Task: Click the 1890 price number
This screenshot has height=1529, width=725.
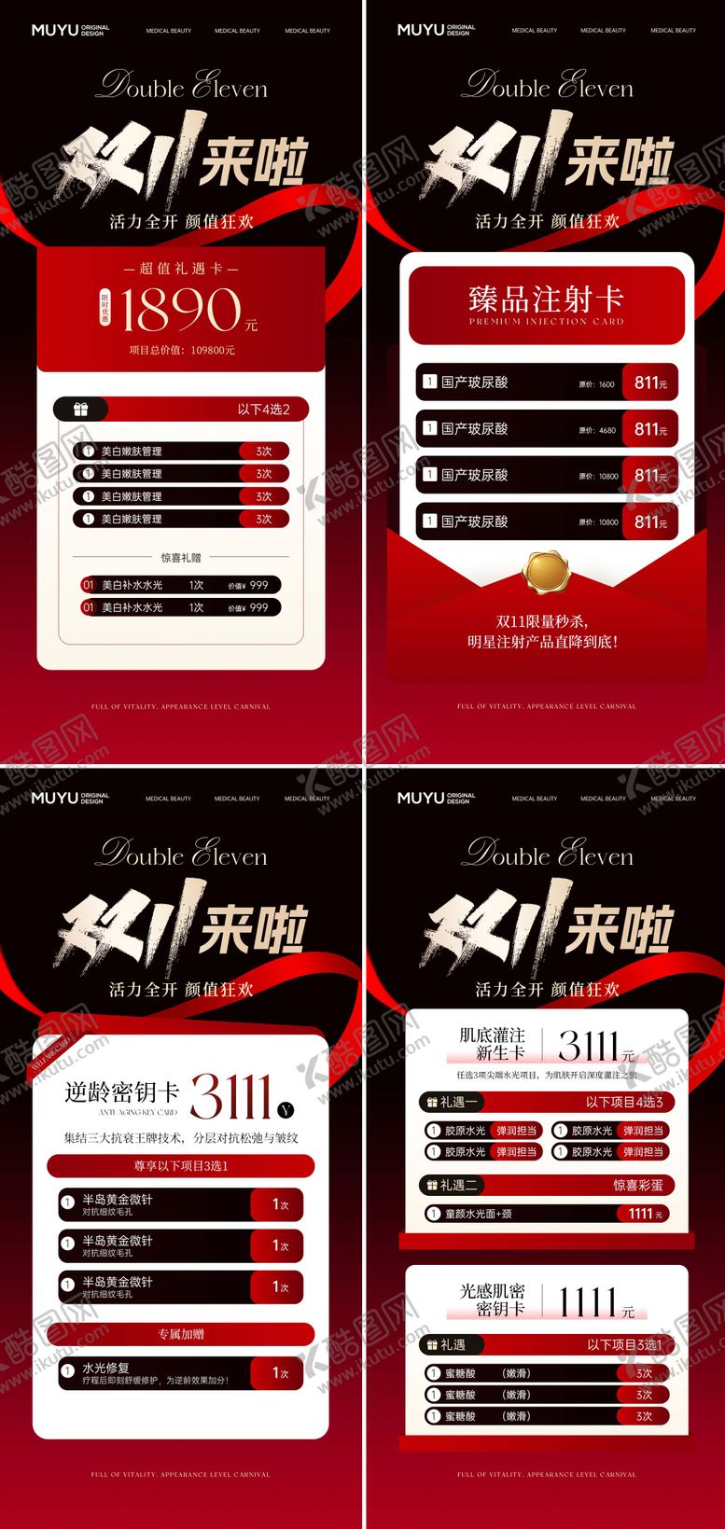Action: (x=179, y=310)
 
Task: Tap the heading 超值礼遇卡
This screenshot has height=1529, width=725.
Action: (x=181, y=269)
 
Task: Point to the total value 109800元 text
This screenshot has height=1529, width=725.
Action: (x=182, y=351)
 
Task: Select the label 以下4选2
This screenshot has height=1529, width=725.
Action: (x=263, y=410)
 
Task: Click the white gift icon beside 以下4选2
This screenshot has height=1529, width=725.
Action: (x=81, y=410)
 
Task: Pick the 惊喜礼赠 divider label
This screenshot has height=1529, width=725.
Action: (x=181, y=558)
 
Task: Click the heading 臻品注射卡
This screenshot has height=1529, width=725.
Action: (x=546, y=299)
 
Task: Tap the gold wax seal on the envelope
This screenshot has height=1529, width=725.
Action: (x=546, y=570)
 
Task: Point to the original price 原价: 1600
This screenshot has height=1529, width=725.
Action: (x=596, y=383)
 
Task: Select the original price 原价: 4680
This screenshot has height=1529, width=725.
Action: (x=596, y=430)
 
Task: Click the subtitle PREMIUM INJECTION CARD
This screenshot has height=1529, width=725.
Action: (x=546, y=322)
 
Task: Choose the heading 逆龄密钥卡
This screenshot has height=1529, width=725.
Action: (x=121, y=1092)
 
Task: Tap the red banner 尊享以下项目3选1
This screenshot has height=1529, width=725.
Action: (x=181, y=1166)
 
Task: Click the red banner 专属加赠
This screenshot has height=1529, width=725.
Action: (x=181, y=1334)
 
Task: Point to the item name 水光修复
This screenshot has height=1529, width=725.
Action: (x=105, y=1368)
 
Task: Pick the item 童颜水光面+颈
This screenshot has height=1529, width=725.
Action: (x=479, y=1214)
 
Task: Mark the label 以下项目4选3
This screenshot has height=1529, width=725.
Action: (x=624, y=1102)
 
